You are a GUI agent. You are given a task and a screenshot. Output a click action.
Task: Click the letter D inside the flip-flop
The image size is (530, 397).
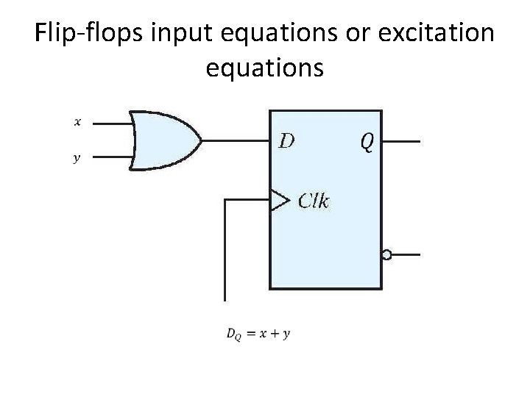[286, 140]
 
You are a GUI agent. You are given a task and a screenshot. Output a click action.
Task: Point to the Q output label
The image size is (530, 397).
[366, 141]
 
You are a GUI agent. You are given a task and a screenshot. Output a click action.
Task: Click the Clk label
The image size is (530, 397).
[314, 200]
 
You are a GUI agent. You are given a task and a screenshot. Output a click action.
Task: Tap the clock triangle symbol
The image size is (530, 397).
[279, 199]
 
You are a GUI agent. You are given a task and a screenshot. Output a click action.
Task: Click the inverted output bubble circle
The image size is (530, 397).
[386, 255]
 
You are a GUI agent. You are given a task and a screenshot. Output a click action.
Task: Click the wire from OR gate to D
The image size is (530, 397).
[236, 140]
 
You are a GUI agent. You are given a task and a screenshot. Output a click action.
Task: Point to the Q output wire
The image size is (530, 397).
[401, 140]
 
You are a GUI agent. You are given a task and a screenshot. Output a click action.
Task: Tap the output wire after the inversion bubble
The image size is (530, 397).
[405, 255]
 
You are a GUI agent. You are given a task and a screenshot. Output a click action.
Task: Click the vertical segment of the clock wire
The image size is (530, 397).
[225, 250]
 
